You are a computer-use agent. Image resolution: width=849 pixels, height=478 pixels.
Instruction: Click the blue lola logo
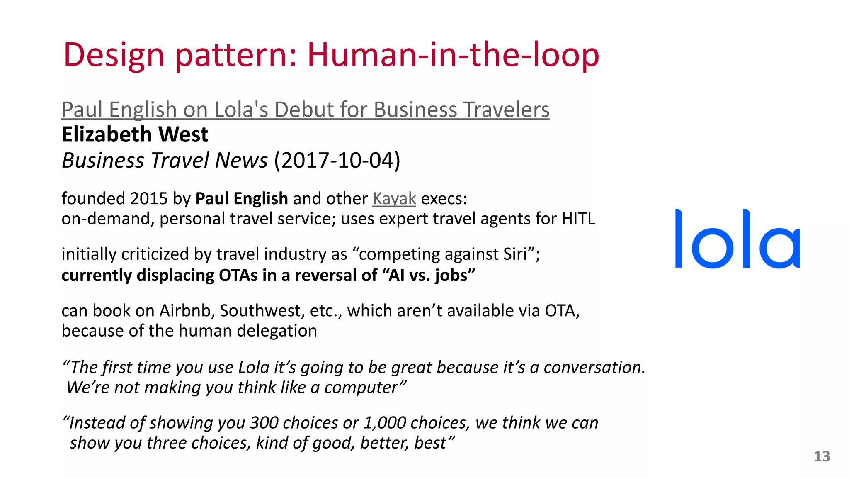tap(737, 239)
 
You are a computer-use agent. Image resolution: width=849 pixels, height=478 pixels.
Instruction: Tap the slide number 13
tap(822, 456)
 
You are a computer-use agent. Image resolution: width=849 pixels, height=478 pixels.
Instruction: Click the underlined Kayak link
tap(394, 199)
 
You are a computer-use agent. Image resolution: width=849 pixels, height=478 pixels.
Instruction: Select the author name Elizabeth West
tap(135, 134)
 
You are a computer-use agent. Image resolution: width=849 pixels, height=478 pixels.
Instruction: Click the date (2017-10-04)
tap(337, 161)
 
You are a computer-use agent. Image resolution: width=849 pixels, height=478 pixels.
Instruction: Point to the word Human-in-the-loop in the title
tap(453, 55)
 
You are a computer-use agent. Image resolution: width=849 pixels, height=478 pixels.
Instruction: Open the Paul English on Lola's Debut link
tap(306, 110)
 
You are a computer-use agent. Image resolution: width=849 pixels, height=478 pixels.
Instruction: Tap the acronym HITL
tap(578, 219)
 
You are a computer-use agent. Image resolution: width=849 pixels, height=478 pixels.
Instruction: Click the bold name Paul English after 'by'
tap(241, 199)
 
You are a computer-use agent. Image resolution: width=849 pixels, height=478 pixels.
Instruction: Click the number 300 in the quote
tap(264, 423)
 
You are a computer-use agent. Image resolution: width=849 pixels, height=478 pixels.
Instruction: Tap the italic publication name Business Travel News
tap(165, 161)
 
